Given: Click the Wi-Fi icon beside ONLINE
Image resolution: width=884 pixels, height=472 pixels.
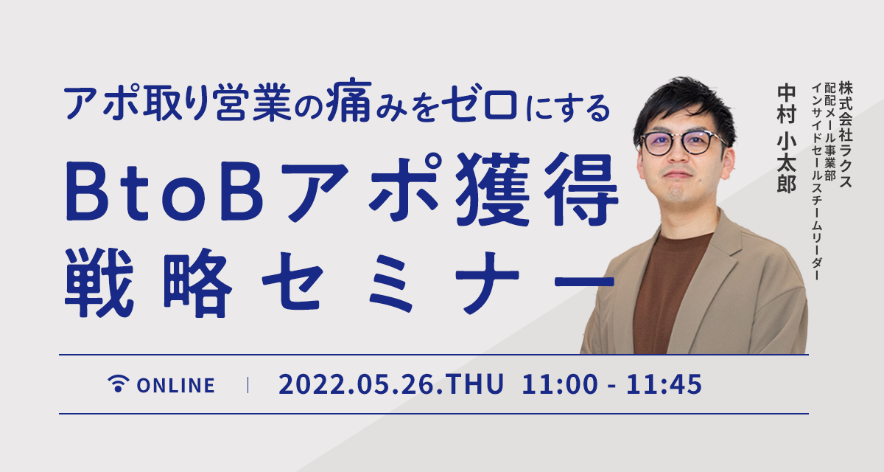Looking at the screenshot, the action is point(119,384).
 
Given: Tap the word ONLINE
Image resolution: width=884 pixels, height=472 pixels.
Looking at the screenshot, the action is point(175,386).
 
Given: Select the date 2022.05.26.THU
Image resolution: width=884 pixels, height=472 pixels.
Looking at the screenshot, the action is point(391,384).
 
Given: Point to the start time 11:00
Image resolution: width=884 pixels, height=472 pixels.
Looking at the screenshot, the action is point(560,384).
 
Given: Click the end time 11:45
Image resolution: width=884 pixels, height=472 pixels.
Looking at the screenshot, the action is point(664,384).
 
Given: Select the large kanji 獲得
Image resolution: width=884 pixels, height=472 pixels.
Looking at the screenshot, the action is point(537,190).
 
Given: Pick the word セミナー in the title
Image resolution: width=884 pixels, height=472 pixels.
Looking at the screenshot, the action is point(438,282).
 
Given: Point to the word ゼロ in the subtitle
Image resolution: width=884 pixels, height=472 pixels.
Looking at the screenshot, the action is point(479,103).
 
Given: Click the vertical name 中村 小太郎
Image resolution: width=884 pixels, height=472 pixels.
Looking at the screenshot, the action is point(786,139).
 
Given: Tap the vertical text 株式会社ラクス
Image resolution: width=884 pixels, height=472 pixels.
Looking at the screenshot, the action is point(846,135).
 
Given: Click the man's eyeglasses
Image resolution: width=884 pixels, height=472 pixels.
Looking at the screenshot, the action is point(682,142).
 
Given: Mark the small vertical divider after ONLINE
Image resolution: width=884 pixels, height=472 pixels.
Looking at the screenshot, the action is point(248,385).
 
